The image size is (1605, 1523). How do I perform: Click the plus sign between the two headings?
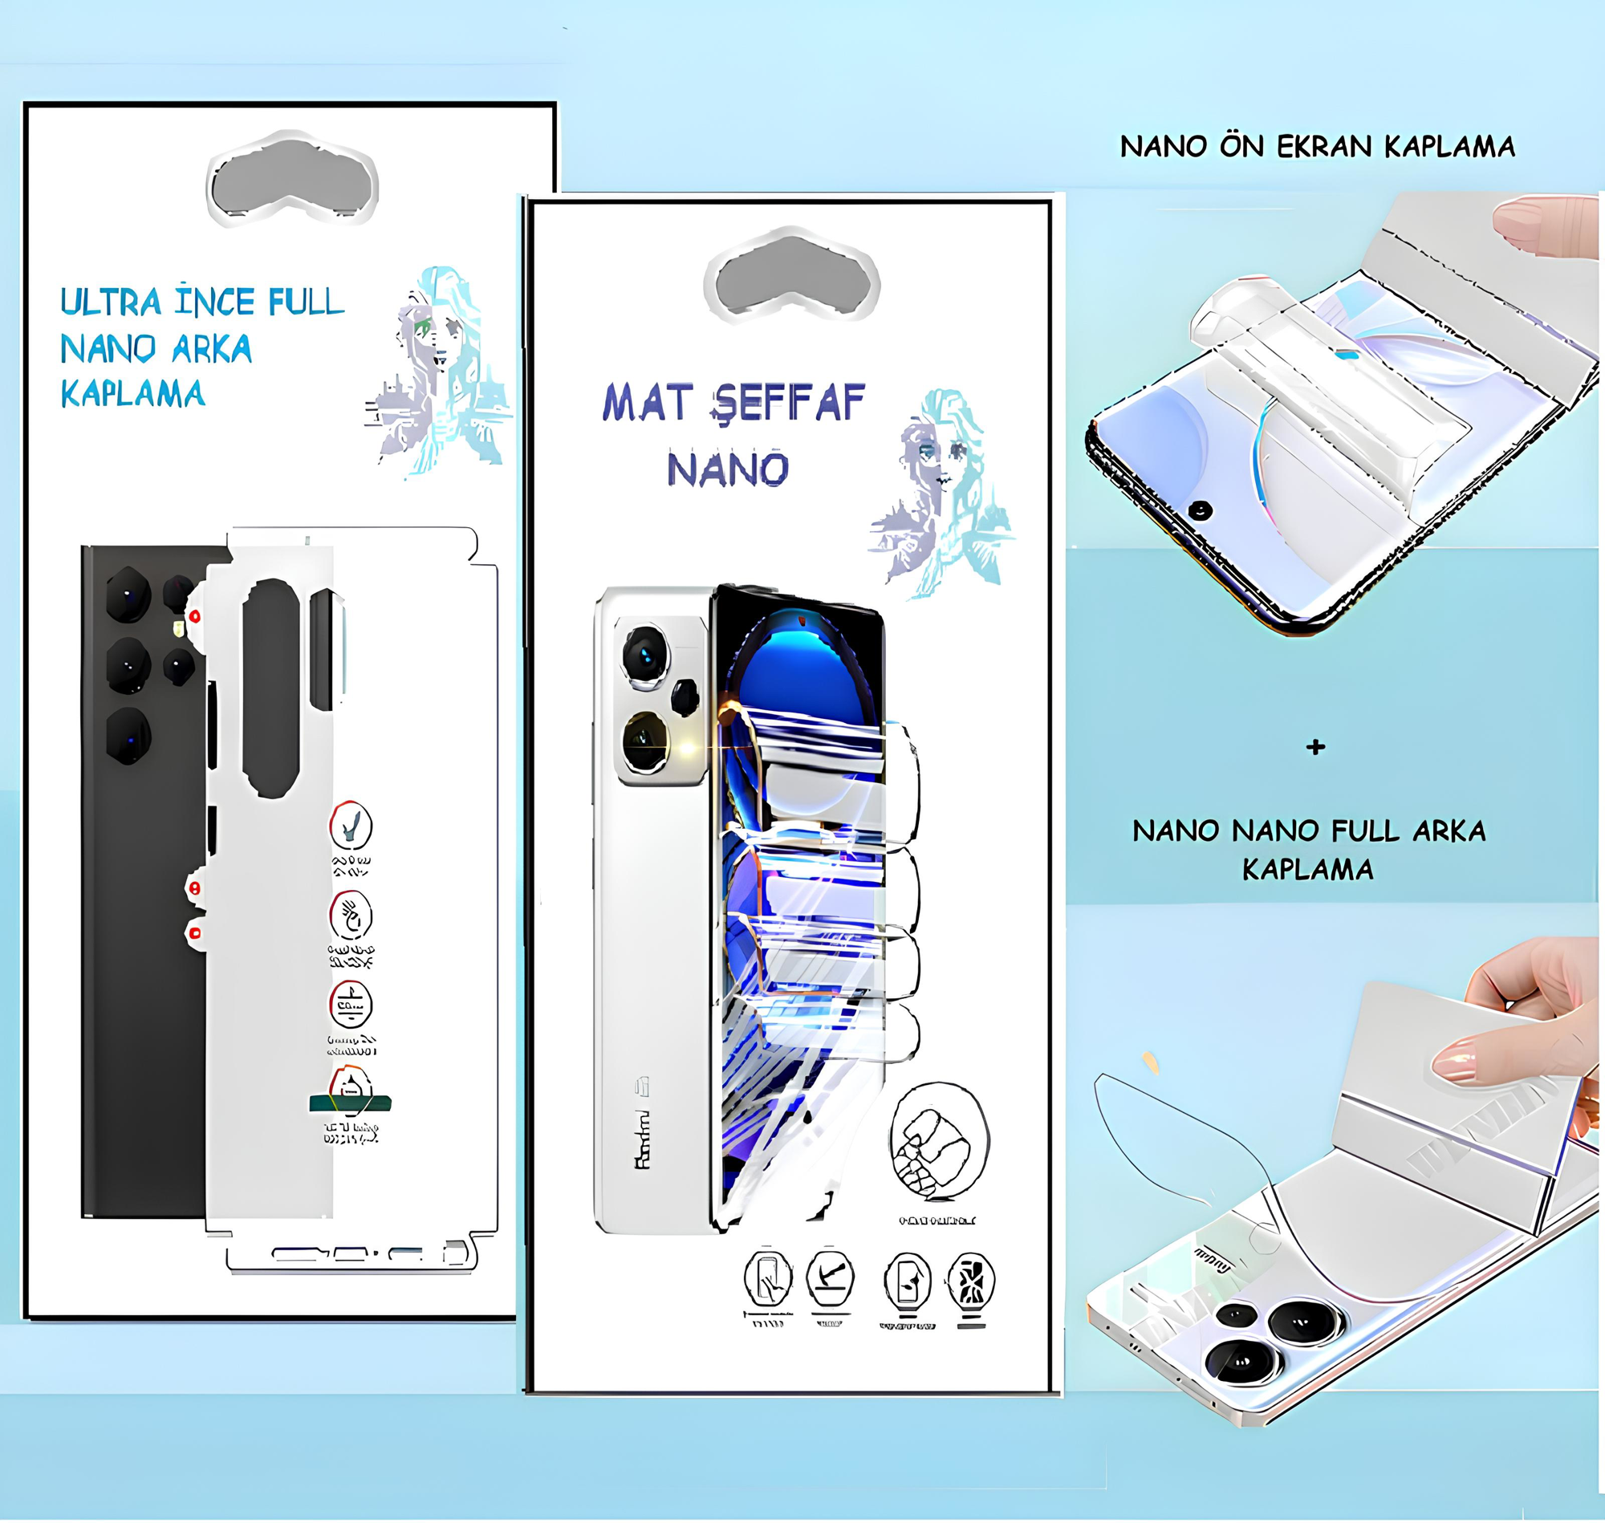pyautogui.click(x=1316, y=747)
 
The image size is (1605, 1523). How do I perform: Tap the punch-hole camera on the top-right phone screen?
pyautogui.click(x=1200, y=510)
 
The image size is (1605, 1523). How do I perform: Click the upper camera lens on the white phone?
pyautogui.click(x=645, y=653)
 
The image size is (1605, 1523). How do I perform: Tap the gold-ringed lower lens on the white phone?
pyautogui.click(x=647, y=741)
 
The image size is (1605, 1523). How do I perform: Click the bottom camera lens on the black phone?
pyautogui.click(x=128, y=736)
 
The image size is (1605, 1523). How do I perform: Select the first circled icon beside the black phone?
pyautogui.click(x=351, y=826)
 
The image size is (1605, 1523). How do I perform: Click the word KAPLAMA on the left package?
pyautogui.click(x=132, y=395)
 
